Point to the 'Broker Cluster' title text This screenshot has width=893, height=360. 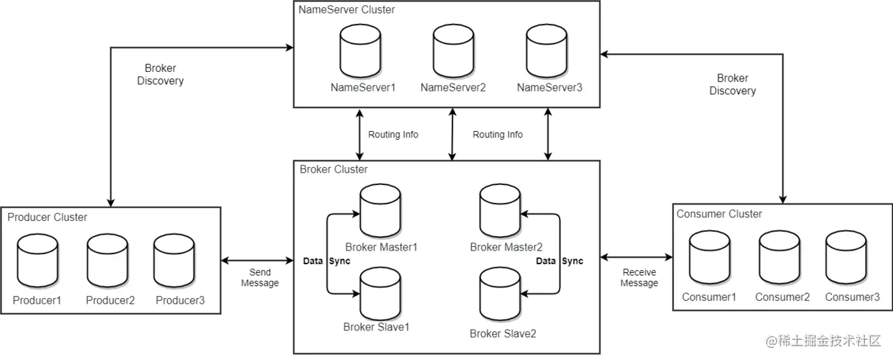(333, 169)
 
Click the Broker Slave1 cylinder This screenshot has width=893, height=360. (380, 290)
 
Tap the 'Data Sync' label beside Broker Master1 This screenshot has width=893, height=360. (326, 261)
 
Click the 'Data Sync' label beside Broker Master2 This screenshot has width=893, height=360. (560, 261)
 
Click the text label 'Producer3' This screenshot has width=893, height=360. (180, 300)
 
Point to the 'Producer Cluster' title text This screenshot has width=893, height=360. (47, 217)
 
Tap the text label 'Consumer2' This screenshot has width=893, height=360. (782, 297)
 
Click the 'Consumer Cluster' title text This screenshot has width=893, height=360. (719, 214)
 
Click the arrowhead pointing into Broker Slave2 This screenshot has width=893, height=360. (526, 293)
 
